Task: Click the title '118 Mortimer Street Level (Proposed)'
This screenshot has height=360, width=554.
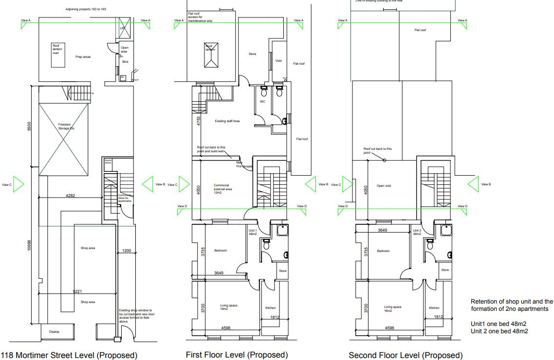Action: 69,355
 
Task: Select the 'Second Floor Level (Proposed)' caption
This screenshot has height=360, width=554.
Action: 406,355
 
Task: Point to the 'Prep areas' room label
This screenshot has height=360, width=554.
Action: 83,57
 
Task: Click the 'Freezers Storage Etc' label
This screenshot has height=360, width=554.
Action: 65,126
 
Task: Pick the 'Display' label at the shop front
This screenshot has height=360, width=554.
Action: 54,332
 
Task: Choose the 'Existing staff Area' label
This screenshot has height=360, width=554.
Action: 226,121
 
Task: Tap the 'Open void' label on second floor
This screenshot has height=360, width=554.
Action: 384,185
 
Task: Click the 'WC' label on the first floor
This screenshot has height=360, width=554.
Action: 262,102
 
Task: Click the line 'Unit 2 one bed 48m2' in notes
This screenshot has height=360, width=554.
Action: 499,331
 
